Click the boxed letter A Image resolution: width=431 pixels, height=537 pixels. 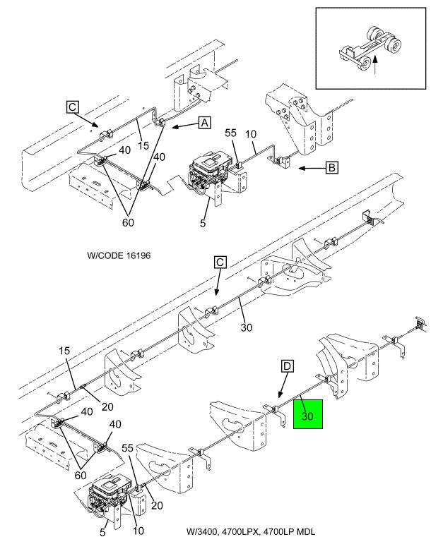pos(205,122)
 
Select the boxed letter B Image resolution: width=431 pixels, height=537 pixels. pos(331,167)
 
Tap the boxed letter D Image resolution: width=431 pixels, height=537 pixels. pos(287,366)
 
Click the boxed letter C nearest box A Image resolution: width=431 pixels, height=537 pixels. pos(73,107)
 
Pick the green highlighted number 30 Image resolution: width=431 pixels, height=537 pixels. pos(307,416)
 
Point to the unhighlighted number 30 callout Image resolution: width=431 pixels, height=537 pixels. pos(246,327)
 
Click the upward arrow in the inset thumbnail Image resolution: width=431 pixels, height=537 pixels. pos(376,66)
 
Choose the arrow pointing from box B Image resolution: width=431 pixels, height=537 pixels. pos(312,168)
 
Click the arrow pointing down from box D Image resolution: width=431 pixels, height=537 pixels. pos(283,385)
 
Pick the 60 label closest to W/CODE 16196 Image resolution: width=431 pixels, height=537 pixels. pos(128,222)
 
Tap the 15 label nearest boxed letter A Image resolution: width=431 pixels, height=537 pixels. pos(143,145)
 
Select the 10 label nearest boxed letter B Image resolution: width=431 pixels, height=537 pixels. pos(251,134)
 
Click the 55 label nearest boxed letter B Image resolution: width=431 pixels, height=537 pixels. pos(231,133)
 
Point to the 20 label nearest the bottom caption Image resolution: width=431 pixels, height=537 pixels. pos(157,505)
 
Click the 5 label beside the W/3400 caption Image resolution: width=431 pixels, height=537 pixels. pos(102,531)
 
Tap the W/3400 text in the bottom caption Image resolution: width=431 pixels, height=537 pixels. pos(202,531)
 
